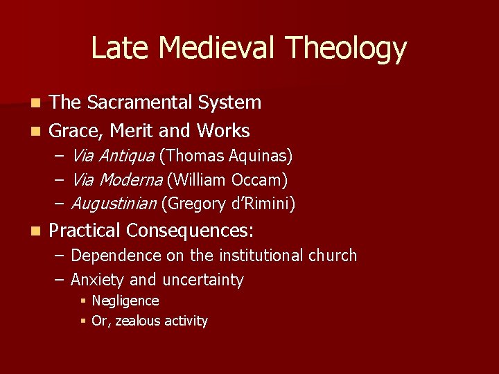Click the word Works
point(222,130)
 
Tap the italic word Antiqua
point(130,157)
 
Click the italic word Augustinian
point(114,204)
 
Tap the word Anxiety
point(98,280)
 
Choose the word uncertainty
point(203,280)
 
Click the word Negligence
point(125,301)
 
